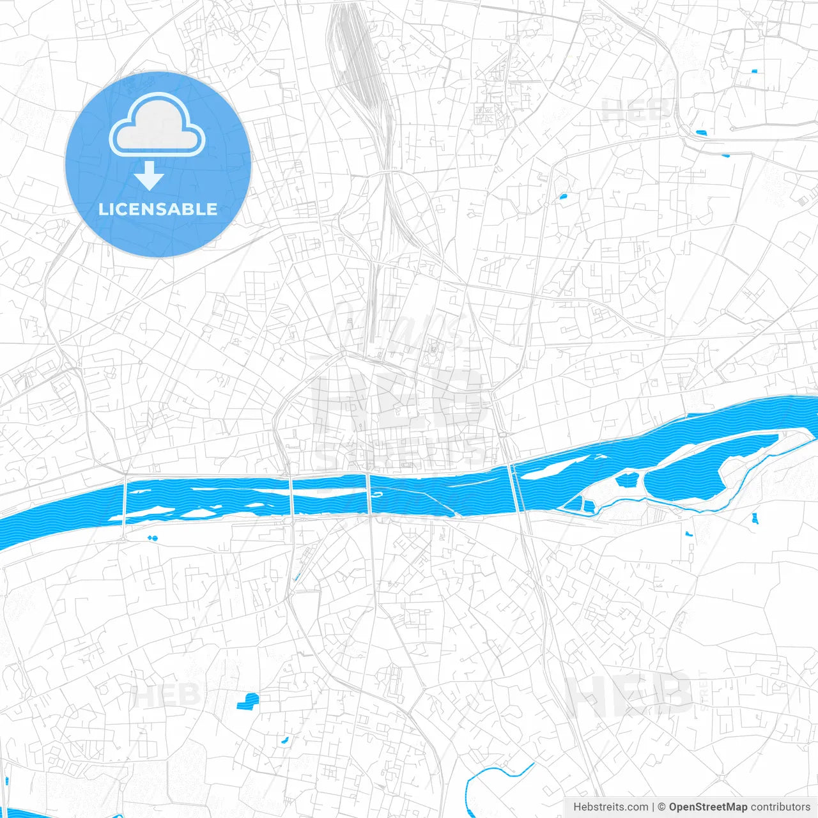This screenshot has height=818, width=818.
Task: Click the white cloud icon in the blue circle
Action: (157, 125)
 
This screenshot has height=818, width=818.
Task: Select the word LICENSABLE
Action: (158, 209)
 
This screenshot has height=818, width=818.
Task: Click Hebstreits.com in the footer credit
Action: (610, 807)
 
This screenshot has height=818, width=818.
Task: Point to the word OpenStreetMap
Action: (708, 807)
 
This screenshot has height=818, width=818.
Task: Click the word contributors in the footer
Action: (780, 807)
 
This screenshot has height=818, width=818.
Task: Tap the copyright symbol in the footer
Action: (662, 807)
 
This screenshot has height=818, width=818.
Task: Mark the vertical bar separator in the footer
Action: (653, 807)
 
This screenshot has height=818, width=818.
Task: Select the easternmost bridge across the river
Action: (515, 489)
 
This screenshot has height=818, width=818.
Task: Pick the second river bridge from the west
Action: (291, 495)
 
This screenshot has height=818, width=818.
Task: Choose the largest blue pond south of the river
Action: (247, 702)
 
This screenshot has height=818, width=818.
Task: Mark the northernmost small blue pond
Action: (754, 71)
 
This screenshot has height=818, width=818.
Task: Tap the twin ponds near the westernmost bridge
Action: (152, 538)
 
